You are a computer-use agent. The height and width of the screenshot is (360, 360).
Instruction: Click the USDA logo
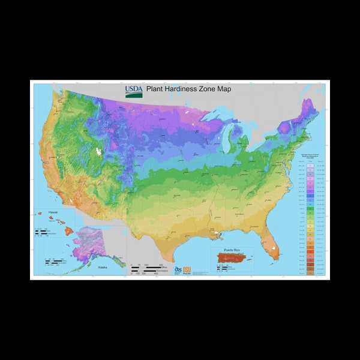(133, 91)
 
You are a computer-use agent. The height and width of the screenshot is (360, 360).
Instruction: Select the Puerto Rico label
(232, 250)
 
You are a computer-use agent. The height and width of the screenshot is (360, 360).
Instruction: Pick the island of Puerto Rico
(233, 259)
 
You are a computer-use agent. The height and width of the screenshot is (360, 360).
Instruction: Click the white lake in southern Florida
(273, 246)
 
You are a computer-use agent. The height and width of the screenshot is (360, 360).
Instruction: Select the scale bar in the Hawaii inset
(42, 231)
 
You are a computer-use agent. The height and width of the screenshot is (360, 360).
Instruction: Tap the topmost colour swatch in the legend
(309, 163)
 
